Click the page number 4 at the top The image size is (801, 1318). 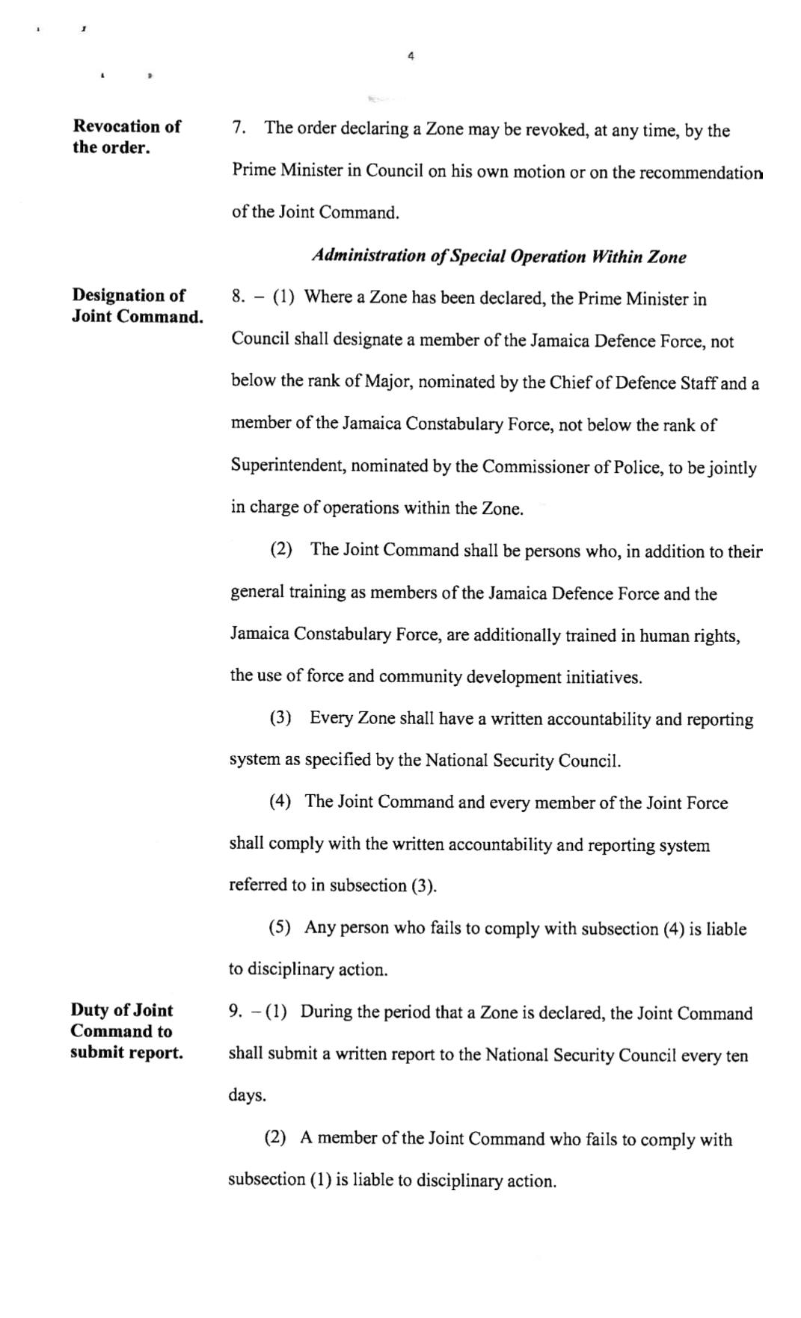[411, 55]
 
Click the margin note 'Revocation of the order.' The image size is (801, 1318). [126, 137]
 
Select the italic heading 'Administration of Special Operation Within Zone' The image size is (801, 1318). [499, 256]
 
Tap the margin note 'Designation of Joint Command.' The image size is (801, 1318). [138, 306]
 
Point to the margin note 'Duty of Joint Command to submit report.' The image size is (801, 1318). [126, 1031]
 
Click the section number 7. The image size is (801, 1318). [239, 128]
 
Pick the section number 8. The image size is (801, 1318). [238, 297]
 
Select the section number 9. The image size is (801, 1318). [235, 1012]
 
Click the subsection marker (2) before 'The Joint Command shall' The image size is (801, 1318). [281, 550]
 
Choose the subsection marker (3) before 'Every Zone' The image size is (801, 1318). [280, 718]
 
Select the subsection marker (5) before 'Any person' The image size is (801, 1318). [280, 928]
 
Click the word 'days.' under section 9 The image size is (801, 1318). [248, 1096]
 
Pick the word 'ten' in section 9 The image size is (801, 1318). [737, 1055]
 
